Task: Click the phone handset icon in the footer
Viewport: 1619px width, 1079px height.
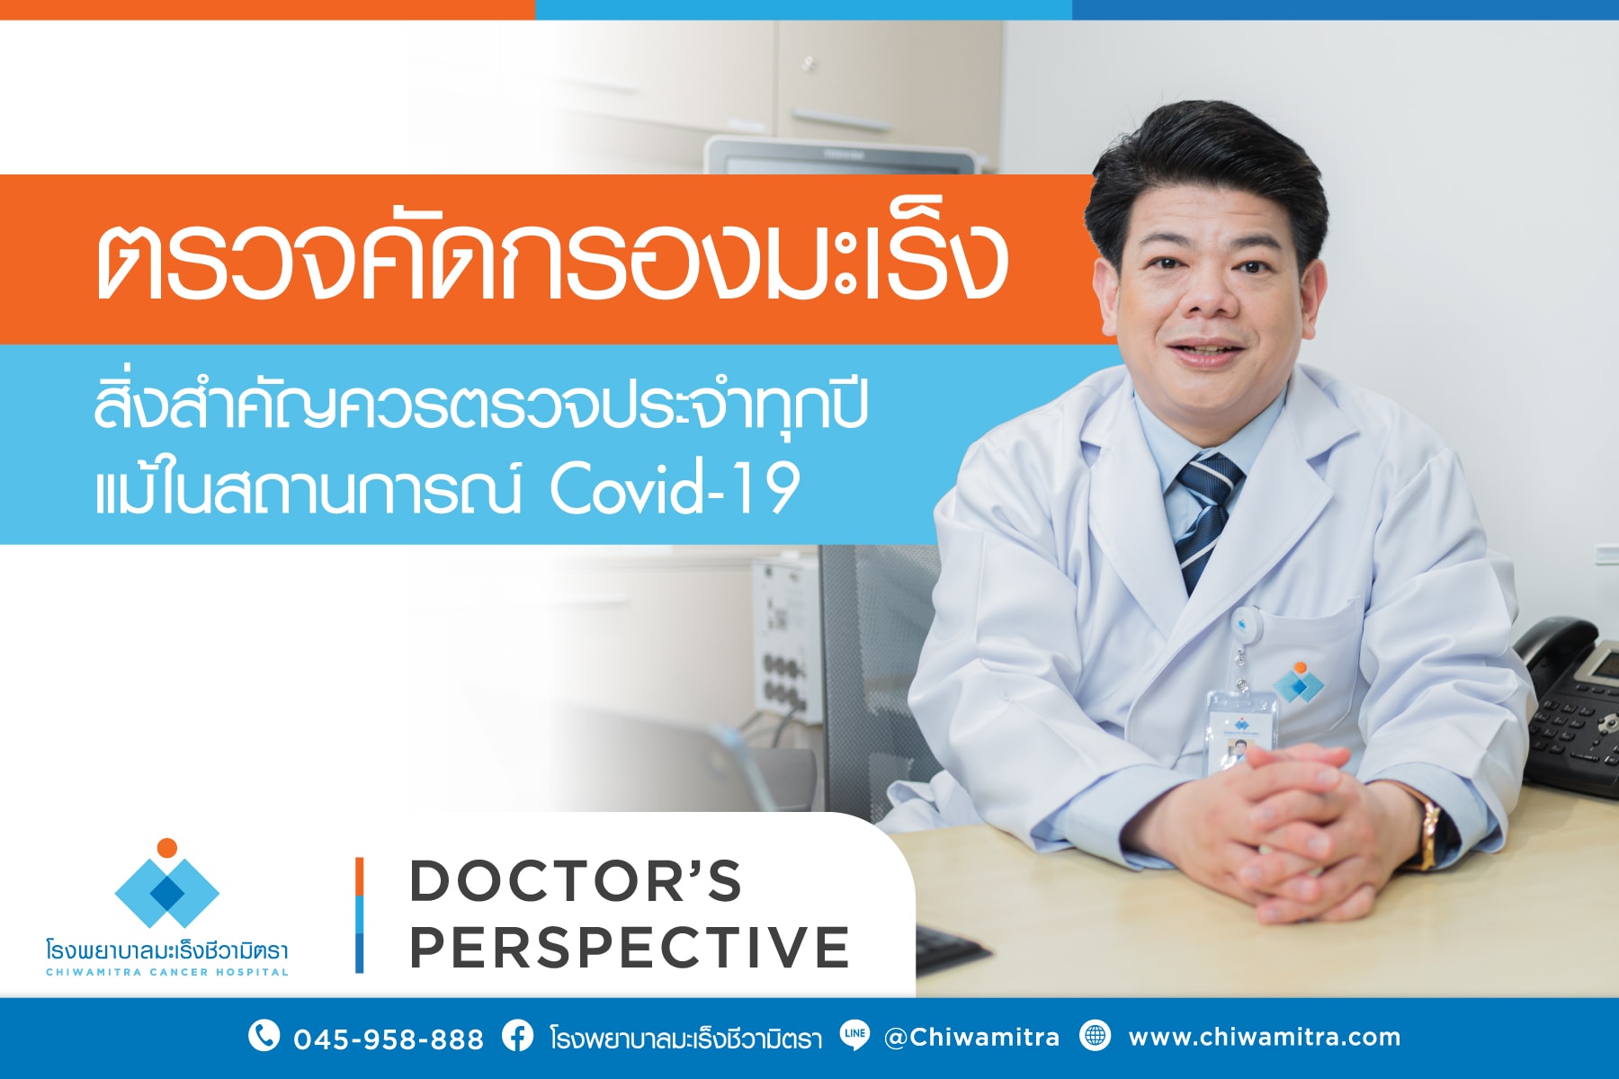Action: click(x=263, y=1036)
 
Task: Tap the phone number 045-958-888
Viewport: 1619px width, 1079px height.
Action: click(x=389, y=1039)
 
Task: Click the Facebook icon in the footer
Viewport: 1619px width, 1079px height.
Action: click(x=517, y=1036)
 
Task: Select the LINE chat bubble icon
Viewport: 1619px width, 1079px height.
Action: click(x=854, y=1036)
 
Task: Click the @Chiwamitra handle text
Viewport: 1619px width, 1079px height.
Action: click(x=971, y=1038)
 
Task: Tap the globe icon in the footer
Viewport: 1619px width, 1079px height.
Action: click(x=1095, y=1036)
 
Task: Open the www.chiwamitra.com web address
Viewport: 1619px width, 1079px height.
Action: click(x=1264, y=1038)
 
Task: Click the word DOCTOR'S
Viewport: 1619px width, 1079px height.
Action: click(x=576, y=881)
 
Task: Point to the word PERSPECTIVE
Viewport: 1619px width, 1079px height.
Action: click(x=630, y=947)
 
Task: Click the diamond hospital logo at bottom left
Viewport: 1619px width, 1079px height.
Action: click(x=167, y=886)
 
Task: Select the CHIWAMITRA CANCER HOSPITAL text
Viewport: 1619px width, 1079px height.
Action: click(x=167, y=972)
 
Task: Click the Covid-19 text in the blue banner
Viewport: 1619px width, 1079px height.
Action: click(x=675, y=490)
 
